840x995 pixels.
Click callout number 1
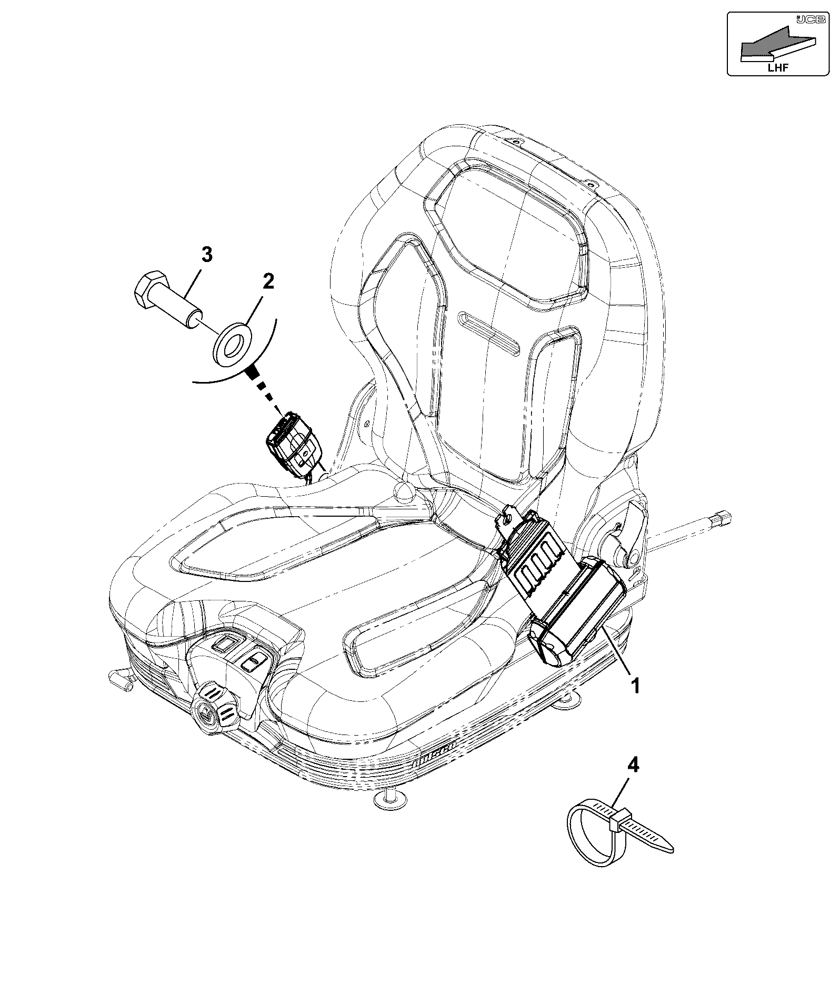635,686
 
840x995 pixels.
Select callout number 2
268,282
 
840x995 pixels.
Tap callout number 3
207,255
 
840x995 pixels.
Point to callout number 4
634,766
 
